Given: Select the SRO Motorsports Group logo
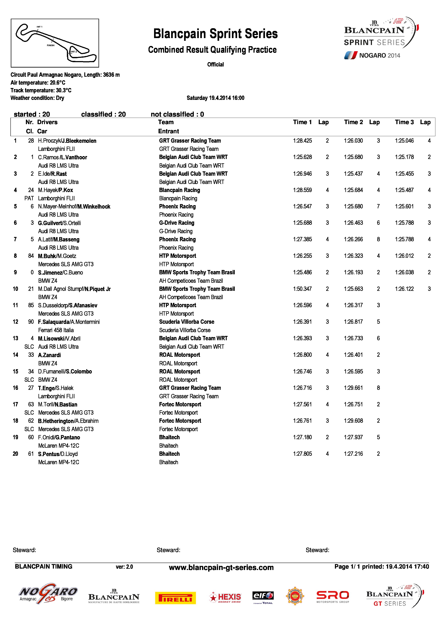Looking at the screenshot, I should point(333,597).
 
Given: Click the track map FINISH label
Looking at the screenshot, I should point(51,45).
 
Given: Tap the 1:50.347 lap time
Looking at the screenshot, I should point(302,289).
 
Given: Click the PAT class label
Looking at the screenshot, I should point(29,198).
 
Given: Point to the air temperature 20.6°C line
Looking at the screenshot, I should point(38,83).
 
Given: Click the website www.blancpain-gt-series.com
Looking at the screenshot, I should point(221,567).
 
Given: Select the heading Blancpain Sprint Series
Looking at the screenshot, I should point(215,34).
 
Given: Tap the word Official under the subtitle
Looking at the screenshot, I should point(215,64).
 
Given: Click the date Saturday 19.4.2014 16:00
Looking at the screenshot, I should point(215,98).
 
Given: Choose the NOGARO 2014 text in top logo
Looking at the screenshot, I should point(379,56).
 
